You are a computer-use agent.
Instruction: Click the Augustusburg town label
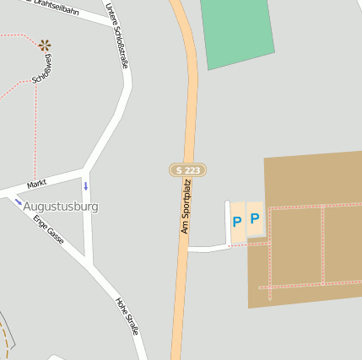click(61, 207)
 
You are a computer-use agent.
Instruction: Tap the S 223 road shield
click(187, 170)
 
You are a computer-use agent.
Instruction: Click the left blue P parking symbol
click(237, 223)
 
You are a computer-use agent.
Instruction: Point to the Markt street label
click(36, 184)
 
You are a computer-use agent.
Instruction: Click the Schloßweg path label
click(41, 69)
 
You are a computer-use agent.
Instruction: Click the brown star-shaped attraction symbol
click(44, 45)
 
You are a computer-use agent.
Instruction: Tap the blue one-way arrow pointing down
click(85, 185)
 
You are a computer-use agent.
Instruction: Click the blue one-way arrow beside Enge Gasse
click(19, 201)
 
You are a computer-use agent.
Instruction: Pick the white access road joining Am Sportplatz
click(208, 249)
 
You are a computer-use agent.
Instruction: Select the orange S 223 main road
click(191, 110)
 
